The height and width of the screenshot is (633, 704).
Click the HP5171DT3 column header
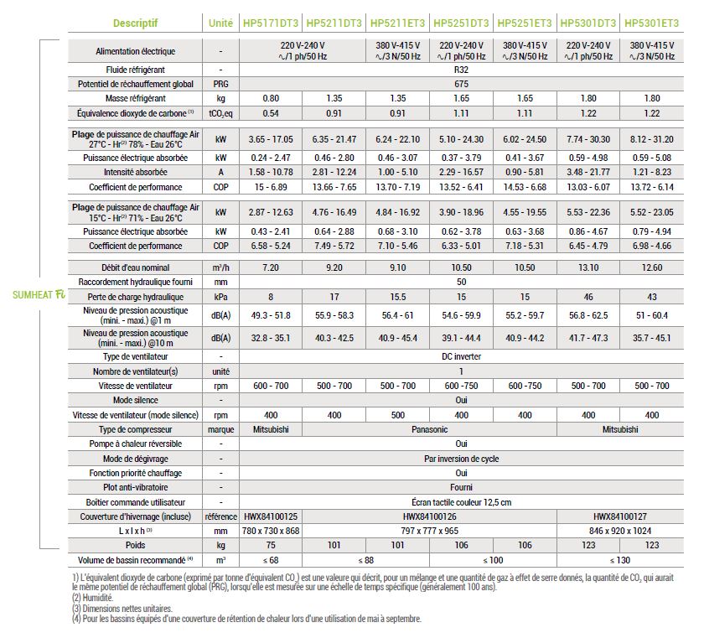tap(270, 23)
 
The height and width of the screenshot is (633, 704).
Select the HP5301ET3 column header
tap(651, 23)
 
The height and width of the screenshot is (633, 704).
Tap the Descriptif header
tap(135, 23)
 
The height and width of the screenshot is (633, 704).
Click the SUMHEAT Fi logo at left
tap(39, 295)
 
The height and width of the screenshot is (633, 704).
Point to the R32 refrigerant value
tap(461, 70)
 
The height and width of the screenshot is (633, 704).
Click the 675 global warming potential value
tap(461, 84)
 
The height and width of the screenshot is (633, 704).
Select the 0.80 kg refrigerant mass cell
tap(271, 98)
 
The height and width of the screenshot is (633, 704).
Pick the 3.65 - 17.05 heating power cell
tap(271, 139)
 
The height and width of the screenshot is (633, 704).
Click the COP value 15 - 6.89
tap(271, 187)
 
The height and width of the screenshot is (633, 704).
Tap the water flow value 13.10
tap(588, 267)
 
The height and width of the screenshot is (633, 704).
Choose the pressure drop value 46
tap(588, 297)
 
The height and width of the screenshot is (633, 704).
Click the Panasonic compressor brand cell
tap(429, 429)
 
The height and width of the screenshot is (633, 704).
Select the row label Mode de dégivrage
tap(135, 459)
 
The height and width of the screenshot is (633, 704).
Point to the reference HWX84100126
tap(429, 516)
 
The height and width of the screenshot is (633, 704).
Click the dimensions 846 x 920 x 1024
tap(620, 531)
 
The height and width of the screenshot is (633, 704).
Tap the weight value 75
tap(271, 546)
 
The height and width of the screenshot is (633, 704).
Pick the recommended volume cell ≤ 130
tap(620, 560)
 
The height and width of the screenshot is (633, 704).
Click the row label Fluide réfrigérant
tap(135, 70)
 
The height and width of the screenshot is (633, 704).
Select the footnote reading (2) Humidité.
tap(92, 598)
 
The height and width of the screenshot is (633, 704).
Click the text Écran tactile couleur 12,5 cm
tap(461, 502)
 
